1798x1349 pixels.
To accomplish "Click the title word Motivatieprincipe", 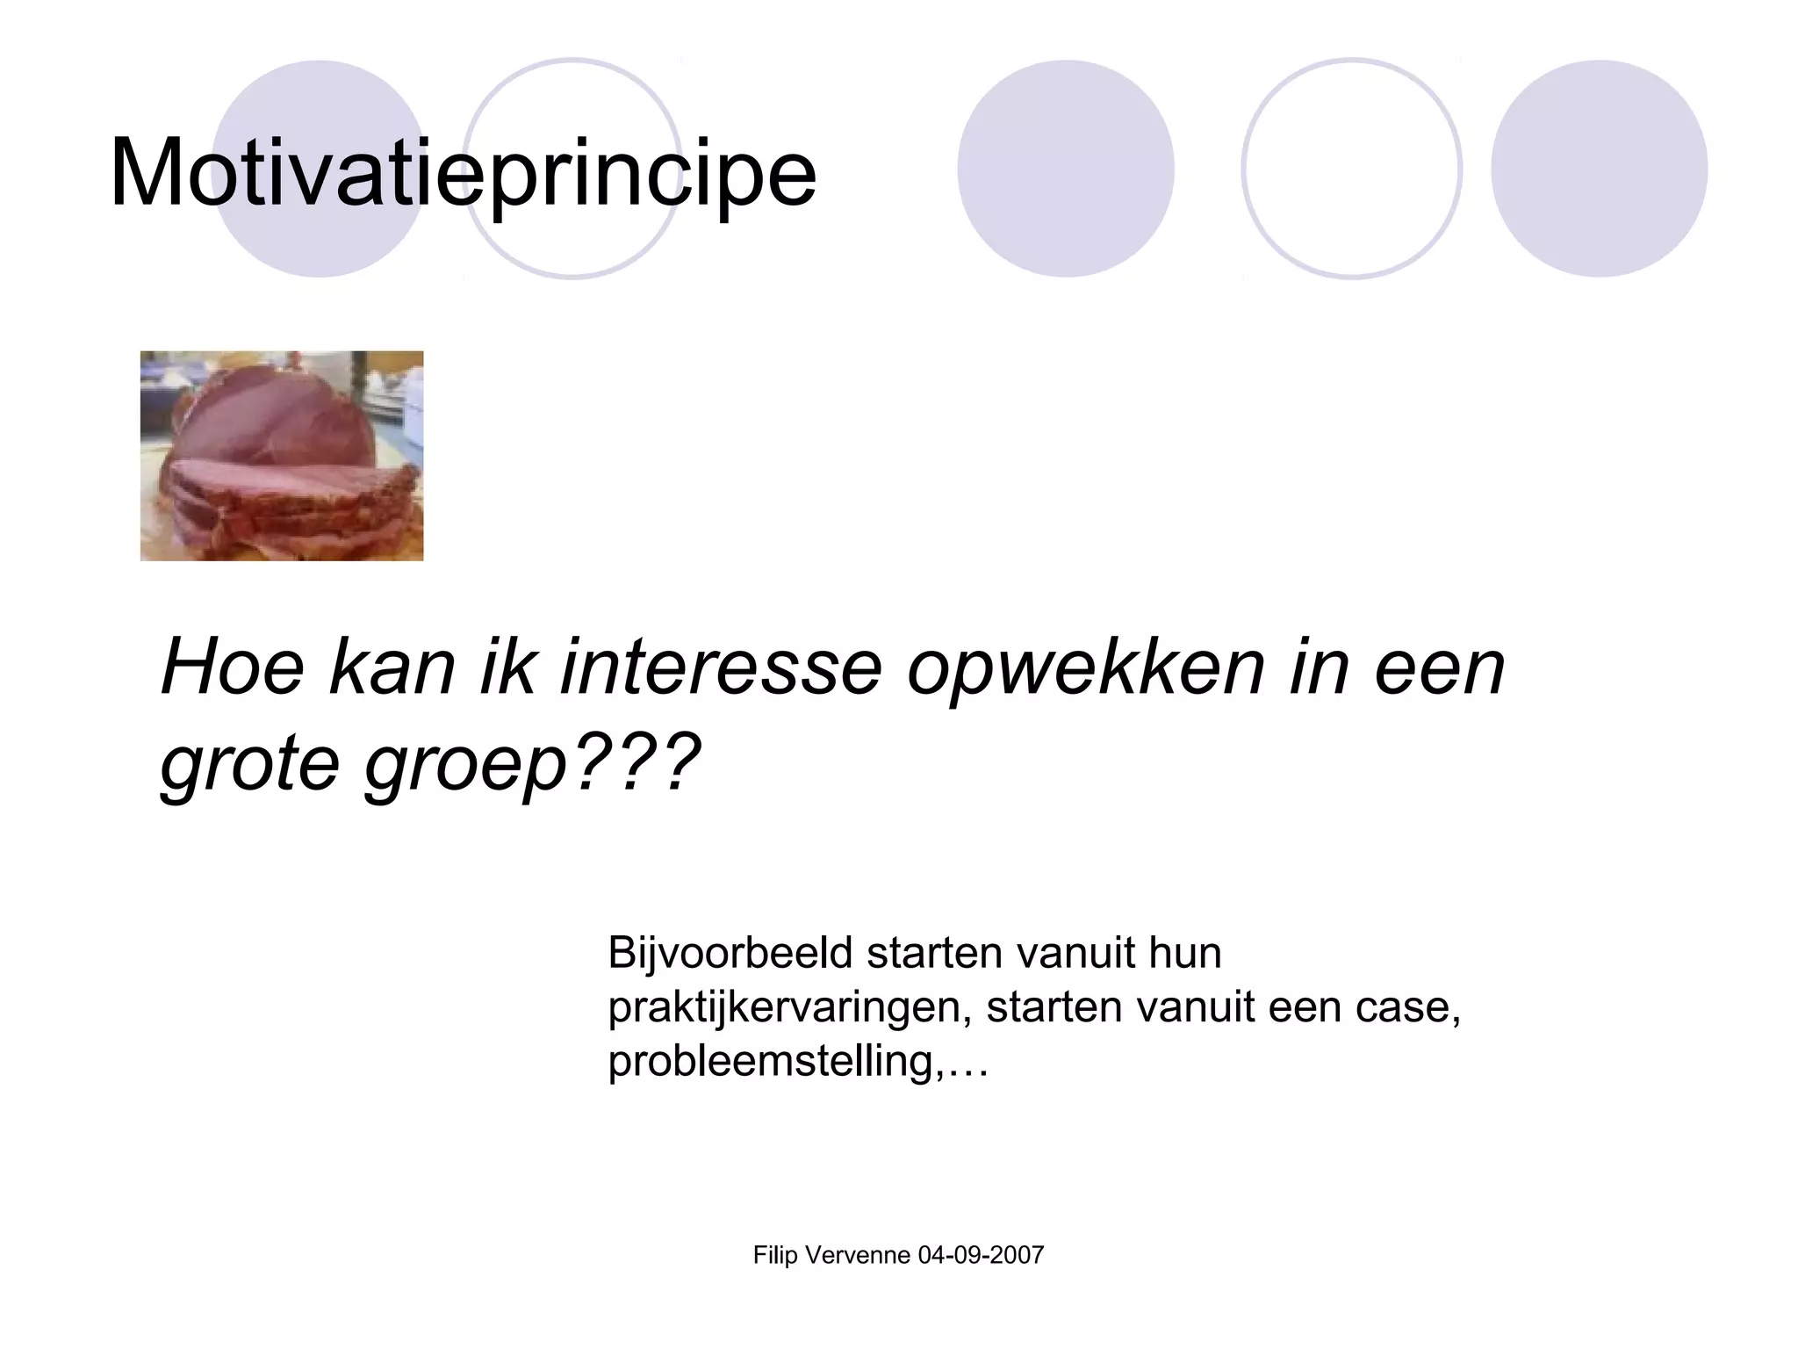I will coord(463,173).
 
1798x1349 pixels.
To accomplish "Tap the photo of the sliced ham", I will coord(282,456).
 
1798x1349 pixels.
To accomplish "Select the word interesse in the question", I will coord(720,667).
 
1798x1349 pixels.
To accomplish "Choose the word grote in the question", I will coord(249,762).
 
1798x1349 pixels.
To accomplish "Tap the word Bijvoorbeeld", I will coord(730,954).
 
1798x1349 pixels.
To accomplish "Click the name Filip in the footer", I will coord(775,1255).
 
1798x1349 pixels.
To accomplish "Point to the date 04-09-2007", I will coord(981,1255).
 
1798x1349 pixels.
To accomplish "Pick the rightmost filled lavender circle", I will coord(1599,169).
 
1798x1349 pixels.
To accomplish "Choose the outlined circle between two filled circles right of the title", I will coord(1351,169).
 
